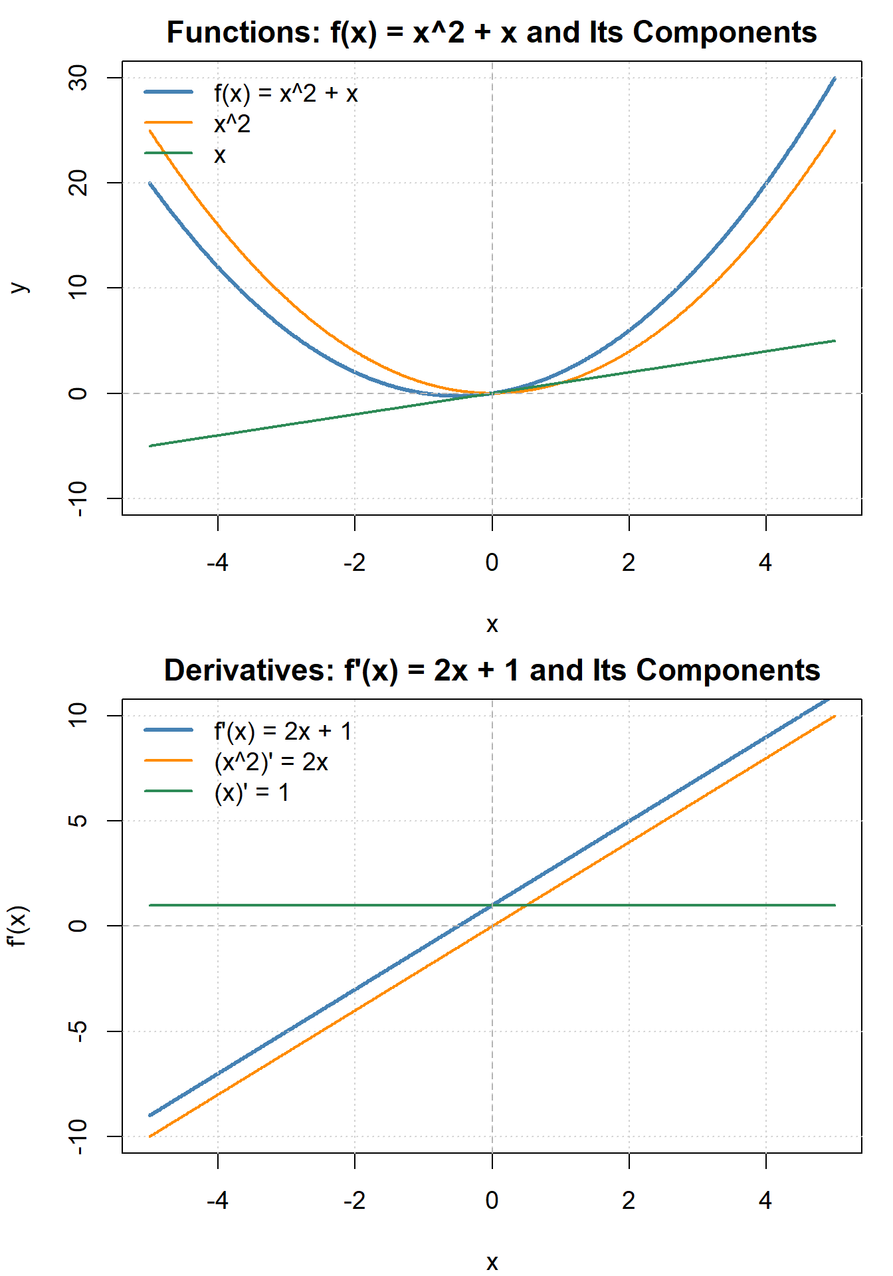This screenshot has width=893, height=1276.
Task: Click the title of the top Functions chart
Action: (x=492, y=33)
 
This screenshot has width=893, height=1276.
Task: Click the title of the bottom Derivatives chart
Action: (x=492, y=671)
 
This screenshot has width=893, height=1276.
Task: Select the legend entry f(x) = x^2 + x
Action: (x=286, y=94)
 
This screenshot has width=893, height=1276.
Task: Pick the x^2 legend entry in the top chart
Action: (x=232, y=124)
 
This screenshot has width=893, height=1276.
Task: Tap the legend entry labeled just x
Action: (x=219, y=156)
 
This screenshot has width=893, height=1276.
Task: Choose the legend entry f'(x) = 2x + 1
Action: (x=282, y=732)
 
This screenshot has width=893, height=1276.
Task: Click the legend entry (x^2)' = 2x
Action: (x=271, y=762)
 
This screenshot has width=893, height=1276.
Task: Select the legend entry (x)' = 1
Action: (x=252, y=793)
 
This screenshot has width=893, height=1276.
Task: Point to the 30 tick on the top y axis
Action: (x=78, y=78)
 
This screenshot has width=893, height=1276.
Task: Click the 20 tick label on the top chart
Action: (x=78, y=183)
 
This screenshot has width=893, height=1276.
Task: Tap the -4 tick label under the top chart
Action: (x=217, y=563)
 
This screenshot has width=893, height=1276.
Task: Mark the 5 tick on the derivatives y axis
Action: (x=78, y=821)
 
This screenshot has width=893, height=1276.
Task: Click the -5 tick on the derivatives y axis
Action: (x=78, y=1031)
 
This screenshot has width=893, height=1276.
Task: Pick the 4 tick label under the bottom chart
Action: (x=765, y=1201)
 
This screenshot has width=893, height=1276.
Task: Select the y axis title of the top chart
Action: (x=20, y=288)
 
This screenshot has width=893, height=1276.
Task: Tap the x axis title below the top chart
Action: (x=492, y=624)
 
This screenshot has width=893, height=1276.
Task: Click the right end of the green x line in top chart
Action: (x=835, y=341)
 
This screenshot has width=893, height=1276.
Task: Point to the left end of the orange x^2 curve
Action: (x=150, y=131)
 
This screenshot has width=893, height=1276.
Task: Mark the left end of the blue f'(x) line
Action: (x=150, y=1115)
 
